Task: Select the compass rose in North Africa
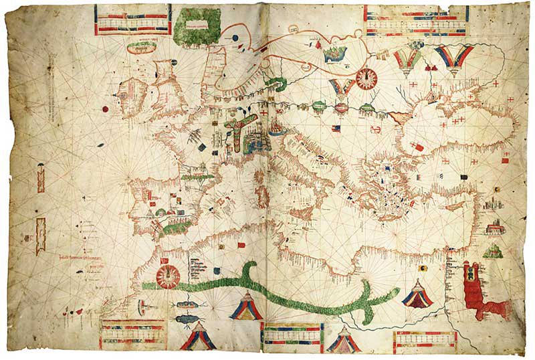point(167,275)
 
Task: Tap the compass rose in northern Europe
point(366,78)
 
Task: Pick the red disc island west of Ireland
point(104,108)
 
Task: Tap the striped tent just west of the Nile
point(417,294)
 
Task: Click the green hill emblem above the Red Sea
point(494,251)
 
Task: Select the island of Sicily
point(305,214)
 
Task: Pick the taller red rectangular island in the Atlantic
point(40,179)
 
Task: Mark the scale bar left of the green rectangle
point(132,20)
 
